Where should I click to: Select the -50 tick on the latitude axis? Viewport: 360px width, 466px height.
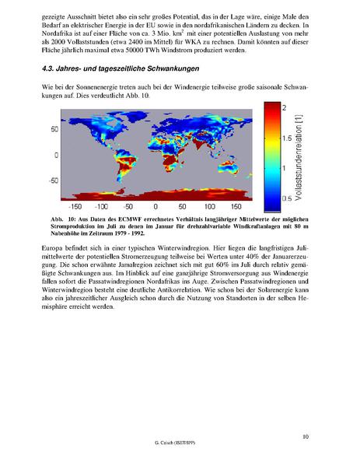click(54, 181)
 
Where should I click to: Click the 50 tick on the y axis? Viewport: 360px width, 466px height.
click(55, 129)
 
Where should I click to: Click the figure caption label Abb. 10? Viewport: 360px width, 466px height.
click(62, 219)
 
